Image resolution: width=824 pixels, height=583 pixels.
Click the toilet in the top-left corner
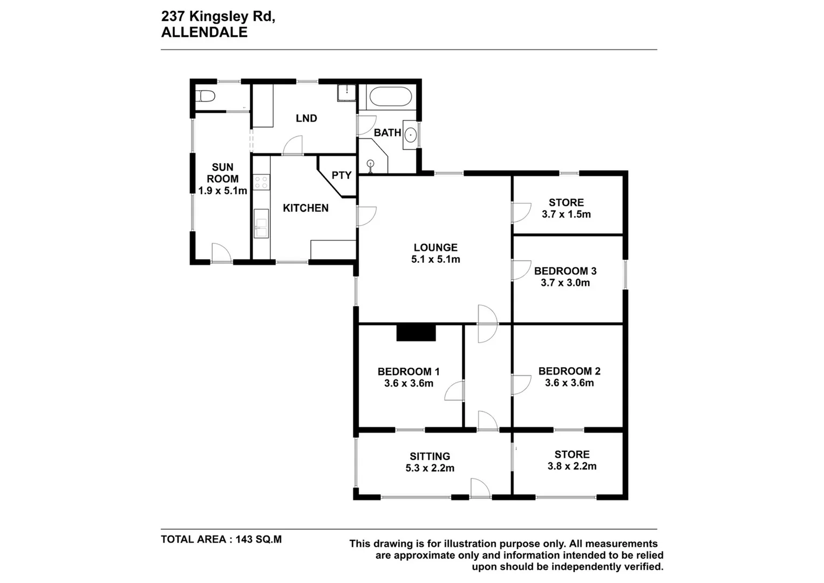click(x=206, y=97)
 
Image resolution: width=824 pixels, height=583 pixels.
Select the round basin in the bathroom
click(x=410, y=134)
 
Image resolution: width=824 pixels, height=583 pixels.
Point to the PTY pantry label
click(x=341, y=175)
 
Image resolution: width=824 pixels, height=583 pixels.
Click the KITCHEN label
click(x=305, y=208)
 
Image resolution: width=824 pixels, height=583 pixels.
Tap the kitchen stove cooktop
click(x=262, y=182)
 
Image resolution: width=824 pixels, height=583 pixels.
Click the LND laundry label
click(x=306, y=119)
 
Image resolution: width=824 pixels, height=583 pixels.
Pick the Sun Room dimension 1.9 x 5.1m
click(x=222, y=191)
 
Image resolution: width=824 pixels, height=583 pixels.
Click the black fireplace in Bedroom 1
click(x=416, y=333)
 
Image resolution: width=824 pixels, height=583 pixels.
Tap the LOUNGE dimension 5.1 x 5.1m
click(x=435, y=260)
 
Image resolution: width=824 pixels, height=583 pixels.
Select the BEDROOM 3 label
click(x=565, y=271)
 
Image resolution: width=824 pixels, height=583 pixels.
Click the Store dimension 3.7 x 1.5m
click(x=566, y=214)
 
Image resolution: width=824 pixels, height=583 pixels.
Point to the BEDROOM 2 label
click(x=569, y=371)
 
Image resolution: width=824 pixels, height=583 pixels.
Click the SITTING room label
click(x=430, y=457)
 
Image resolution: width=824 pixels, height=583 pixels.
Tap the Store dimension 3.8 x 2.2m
click(x=572, y=466)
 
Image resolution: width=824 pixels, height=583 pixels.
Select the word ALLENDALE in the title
click(x=204, y=32)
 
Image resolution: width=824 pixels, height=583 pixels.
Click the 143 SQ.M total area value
click(x=258, y=539)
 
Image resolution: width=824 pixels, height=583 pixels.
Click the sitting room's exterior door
click(x=480, y=489)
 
